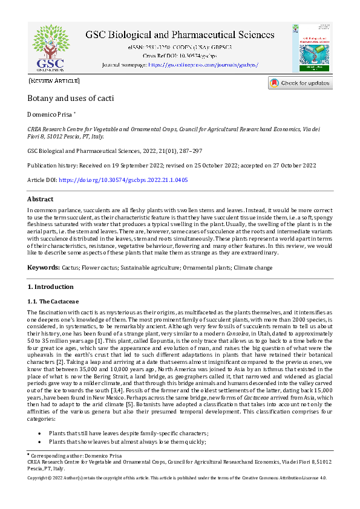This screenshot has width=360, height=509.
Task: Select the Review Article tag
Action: coord(54,80)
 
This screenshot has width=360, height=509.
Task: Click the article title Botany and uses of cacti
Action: coord(71,98)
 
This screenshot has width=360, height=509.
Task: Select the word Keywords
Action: coord(43,267)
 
